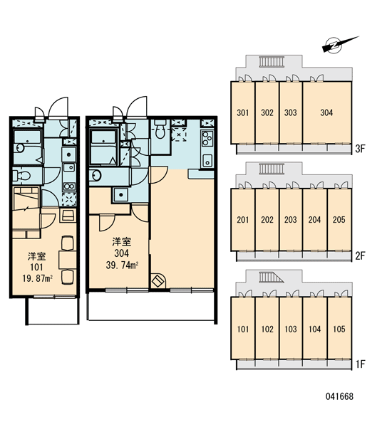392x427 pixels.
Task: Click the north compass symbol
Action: [x=335, y=46]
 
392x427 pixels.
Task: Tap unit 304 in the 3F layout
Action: [x=326, y=112]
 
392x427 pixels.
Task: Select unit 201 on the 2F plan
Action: [x=243, y=219]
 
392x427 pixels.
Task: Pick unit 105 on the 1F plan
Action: [x=339, y=329]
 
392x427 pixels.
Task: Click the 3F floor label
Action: [x=360, y=149]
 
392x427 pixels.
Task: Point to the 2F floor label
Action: [x=360, y=256]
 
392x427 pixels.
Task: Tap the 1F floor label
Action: [x=360, y=364]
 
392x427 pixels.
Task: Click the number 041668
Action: [x=339, y=396]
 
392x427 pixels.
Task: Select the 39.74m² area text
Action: [x=122, y=265]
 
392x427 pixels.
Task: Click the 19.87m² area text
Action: [x=37, y=278]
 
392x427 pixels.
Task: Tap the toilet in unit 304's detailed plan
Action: [x=160, y=130]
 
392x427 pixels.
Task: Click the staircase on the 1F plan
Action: [x=271, y=278]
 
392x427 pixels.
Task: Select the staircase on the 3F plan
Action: [x=272, y=62]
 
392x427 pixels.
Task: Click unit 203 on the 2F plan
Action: [x=291, y=219]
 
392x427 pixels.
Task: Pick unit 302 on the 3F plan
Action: [x=267, y=112]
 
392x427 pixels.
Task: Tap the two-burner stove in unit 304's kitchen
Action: [x=207, y=139]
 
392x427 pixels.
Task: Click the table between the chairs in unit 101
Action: [x=68, y=260]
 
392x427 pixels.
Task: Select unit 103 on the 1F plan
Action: [x=291, y=329]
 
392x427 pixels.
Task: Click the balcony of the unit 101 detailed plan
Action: [x=52, y=311]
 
